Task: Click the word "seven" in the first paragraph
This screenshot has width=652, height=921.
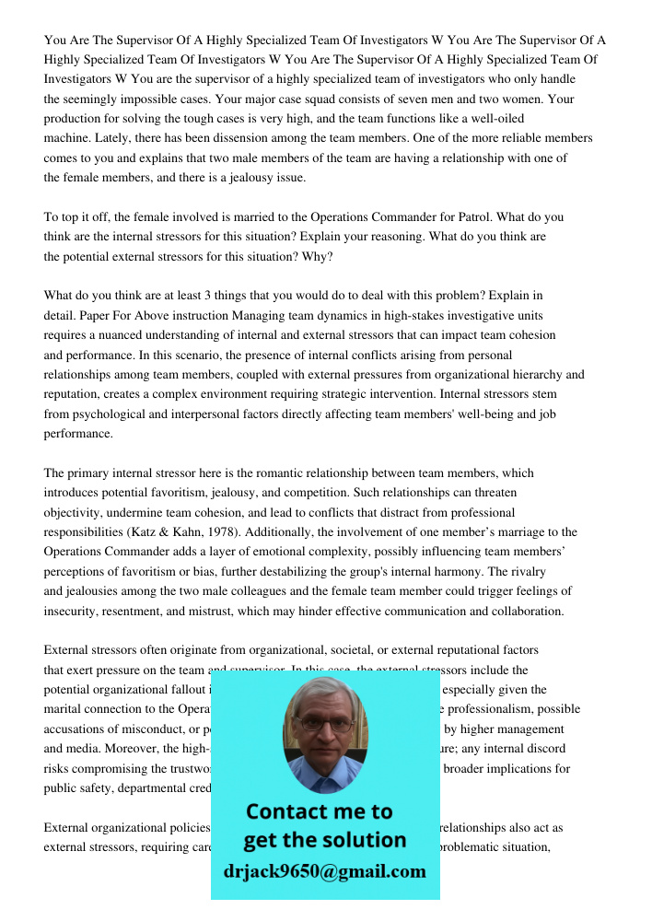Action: click(421, 99)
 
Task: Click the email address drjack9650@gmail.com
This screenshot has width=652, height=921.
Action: click(325, 871)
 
